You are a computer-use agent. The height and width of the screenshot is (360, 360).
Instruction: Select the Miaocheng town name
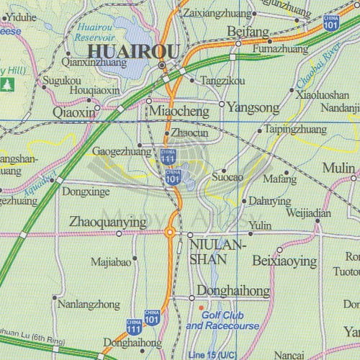[180, 112]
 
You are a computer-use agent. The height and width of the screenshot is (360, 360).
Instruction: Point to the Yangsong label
[252, 108]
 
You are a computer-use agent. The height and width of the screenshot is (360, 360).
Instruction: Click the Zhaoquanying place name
[107, 222]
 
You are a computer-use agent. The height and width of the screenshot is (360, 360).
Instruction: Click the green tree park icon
[8, 84]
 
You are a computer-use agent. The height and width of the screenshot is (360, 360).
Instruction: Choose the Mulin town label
[338, 168]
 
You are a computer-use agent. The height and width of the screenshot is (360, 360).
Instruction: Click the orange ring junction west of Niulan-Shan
[170, 232]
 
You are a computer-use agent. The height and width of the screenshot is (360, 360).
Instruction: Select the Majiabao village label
[112, 262]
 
